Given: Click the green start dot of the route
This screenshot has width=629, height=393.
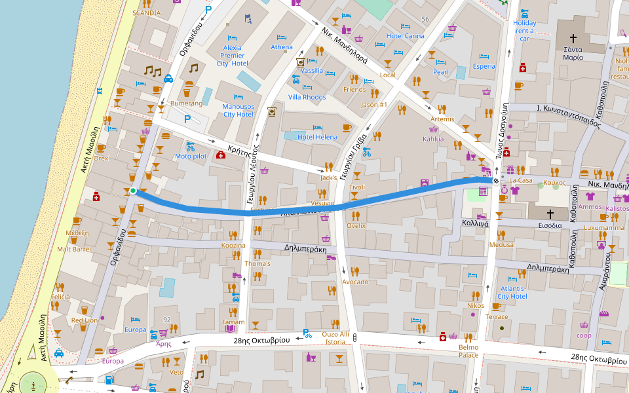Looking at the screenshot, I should pyautogui.click(x=133, y=191).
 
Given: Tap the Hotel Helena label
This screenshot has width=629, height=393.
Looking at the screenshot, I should pyautogui.click(x=318, y=137).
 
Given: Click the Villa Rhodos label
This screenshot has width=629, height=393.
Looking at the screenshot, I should pyautogui.click(x=307, y=97).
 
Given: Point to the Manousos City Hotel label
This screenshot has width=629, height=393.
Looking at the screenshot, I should pyautogui.click(x=237, y=110).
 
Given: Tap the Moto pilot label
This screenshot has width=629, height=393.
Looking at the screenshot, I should pyautogui.click(x=191, y=157).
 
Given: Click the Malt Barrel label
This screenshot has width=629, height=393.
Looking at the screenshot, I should pyautogui.click(x=73, y=249).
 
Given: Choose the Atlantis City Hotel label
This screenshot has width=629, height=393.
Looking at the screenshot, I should pyautogui.click(x=512, y=292).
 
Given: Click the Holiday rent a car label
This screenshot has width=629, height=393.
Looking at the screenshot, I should pyautogui.click(x=525, y=31).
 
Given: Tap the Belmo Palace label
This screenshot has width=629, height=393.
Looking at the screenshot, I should pyautogui.click(x=468, y=351).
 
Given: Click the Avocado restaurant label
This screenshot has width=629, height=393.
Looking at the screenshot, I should pyautogui.click(x=354, y=282).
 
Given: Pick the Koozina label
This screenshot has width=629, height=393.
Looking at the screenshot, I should pyautogui.click(x=233, y=246).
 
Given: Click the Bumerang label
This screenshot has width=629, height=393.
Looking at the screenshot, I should pyautogui.click(x=187, y=103).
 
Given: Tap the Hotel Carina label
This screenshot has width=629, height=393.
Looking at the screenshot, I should pyautogui.click(x=406, y=36).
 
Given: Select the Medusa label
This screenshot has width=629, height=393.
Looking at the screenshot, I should pyautogui.click(x=502, y=245).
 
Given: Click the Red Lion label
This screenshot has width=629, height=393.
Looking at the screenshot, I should pyautogui.click(x=84, y=320).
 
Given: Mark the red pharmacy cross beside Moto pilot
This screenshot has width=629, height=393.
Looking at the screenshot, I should pyautogui.click(x=221, y=155).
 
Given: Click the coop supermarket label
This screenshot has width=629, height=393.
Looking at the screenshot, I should pyautogui.click(x=584, y=335).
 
